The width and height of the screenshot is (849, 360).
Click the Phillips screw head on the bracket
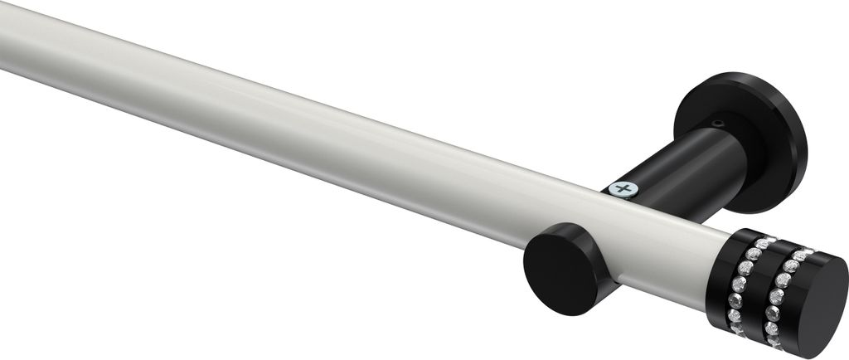[x=622, y=189]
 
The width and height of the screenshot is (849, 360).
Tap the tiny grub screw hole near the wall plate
[x=719, y=124]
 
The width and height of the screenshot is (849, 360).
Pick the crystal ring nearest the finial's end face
[x=779, y=294]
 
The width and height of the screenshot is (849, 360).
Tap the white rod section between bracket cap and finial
[x=663, y=249]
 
